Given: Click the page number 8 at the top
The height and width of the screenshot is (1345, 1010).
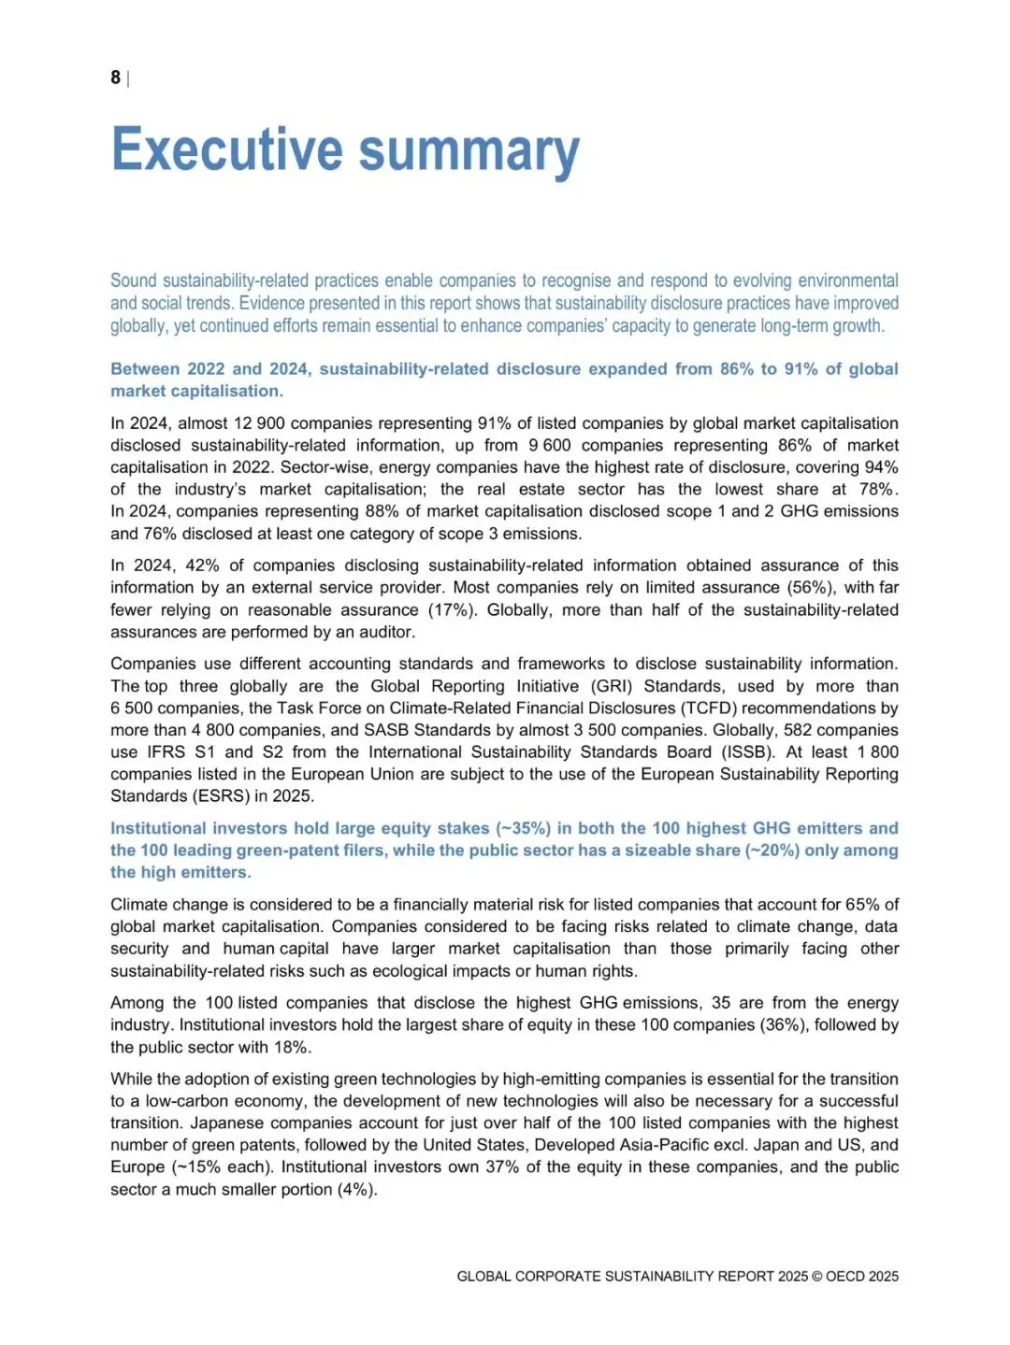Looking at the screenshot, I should (115, 78).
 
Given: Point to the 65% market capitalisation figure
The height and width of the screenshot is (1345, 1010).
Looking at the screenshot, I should (863, 905).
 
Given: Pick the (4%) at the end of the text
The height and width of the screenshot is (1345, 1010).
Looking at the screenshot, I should (357, 1190).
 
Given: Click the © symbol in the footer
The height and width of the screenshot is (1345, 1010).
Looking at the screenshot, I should (818, 1277).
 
